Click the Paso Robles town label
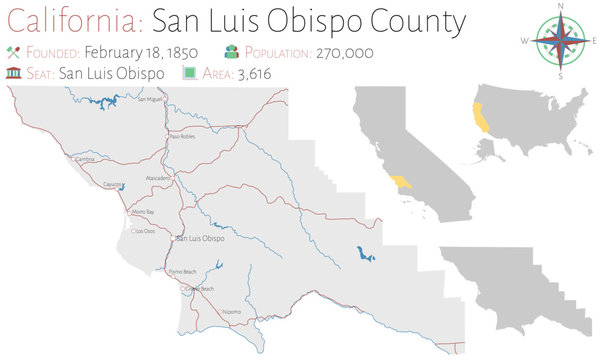click(181, 136)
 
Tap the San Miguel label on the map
click(148, 100)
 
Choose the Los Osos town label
click(144, 231)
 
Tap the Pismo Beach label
click(183, 271)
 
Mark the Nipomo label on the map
click(231, 311)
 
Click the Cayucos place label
click(116, 185)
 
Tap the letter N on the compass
click(560, 7)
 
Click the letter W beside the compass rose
click(523, 41)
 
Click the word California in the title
click(69, 20)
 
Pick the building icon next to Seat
click(12, 72)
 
